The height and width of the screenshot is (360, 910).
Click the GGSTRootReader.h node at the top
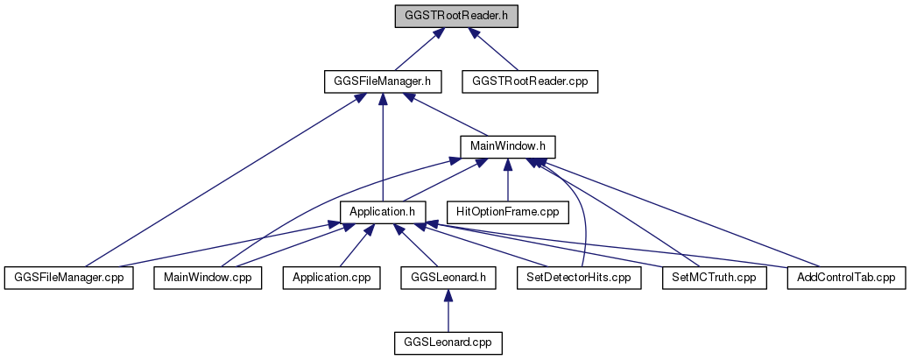click(x=455, y=17)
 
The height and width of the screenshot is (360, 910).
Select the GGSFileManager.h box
click(x=383, y=81)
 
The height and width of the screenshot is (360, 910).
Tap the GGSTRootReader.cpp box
click(x=530, y=81)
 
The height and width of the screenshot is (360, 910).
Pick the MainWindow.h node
click(x=508, y=146)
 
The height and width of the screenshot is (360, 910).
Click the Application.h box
click(x=383, y=212)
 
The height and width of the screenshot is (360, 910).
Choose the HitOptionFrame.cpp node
click(x=508, y=212)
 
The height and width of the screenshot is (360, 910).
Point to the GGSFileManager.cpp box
click(x=68, y=278)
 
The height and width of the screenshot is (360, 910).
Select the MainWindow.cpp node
click(x=208, y=278)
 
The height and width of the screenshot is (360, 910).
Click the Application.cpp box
click(x=331, y=278)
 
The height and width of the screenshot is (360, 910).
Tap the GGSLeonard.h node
click(x=448, y=278)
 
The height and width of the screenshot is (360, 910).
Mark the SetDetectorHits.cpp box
click(x=579, y=278)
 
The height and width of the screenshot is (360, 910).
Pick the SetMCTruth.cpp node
click(x=714, y=278)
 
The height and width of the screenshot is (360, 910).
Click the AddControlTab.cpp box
click(x=845, y=278)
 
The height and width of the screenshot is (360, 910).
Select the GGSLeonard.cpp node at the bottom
click(x=448, y=342)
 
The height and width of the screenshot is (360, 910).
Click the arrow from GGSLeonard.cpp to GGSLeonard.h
click(x=448, y=310)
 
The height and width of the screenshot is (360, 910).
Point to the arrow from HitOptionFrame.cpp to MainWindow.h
click(x=508, y=180)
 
